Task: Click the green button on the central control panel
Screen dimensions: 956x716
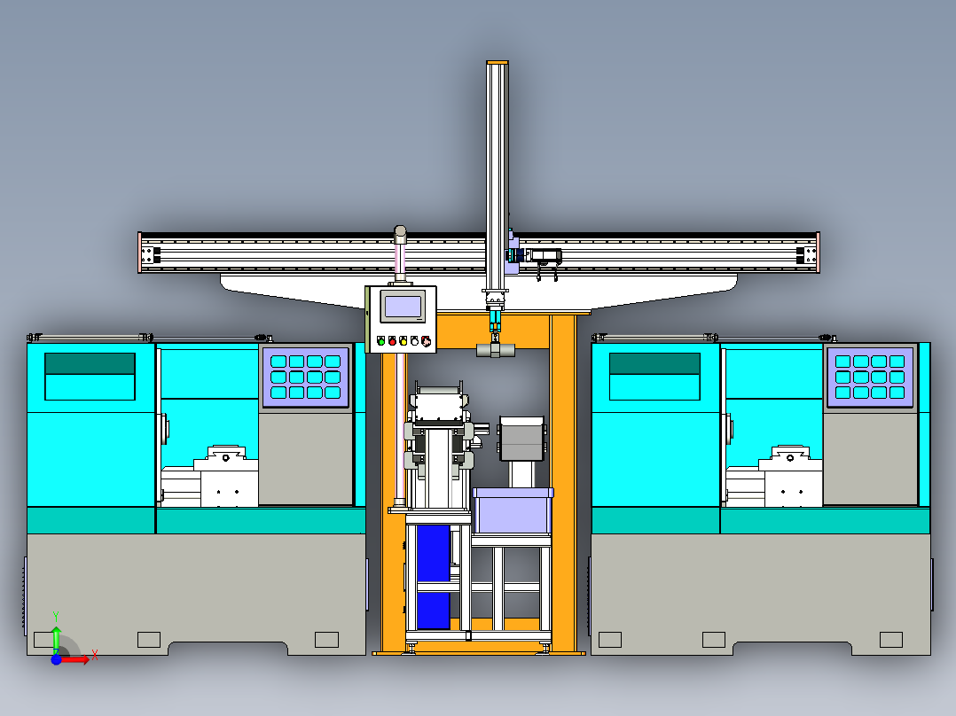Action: click(381, 342)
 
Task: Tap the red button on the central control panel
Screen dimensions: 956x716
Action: click(392, 342)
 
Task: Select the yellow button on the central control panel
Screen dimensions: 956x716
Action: click(403, 342)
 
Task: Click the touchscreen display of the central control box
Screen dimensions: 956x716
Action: click(403, 307)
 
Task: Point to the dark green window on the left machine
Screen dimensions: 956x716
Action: click(90, 364)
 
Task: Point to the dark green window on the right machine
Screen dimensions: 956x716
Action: click(654, 364)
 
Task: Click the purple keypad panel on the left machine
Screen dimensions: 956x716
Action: click(305, 377)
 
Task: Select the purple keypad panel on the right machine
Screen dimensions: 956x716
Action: click(870, 377)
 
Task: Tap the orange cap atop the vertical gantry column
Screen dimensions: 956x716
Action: click(498, 62)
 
